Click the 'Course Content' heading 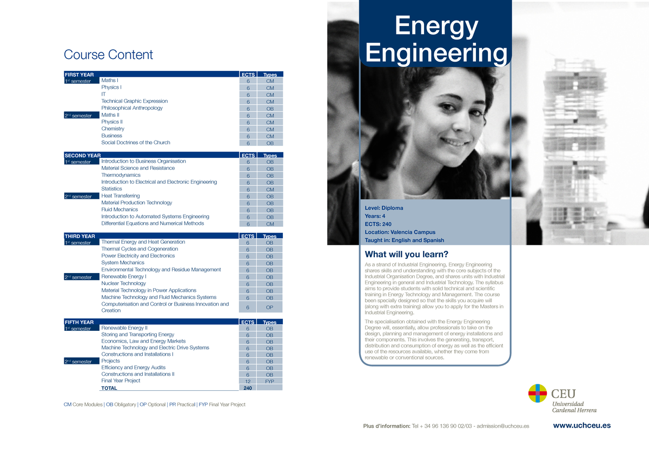tap(108, 55)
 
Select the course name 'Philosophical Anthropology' tap(132, 108)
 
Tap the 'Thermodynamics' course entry tap(121, 175)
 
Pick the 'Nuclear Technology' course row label tap(123, 283)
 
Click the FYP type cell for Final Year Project tap(269, 381)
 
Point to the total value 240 tap(248, 388)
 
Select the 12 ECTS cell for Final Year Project tap(248, 381)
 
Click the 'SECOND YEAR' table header tap(83, 155)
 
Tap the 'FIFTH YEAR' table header tap(79, 322)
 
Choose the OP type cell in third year tap(269, 308)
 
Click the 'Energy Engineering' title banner tap(436, 39)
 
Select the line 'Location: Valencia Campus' tap(400, 232)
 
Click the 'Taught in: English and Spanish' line tap(405, 240)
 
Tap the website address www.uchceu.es tap(581, 425)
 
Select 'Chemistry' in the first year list tap(112, 129)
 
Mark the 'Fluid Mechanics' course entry tap(120, 210)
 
